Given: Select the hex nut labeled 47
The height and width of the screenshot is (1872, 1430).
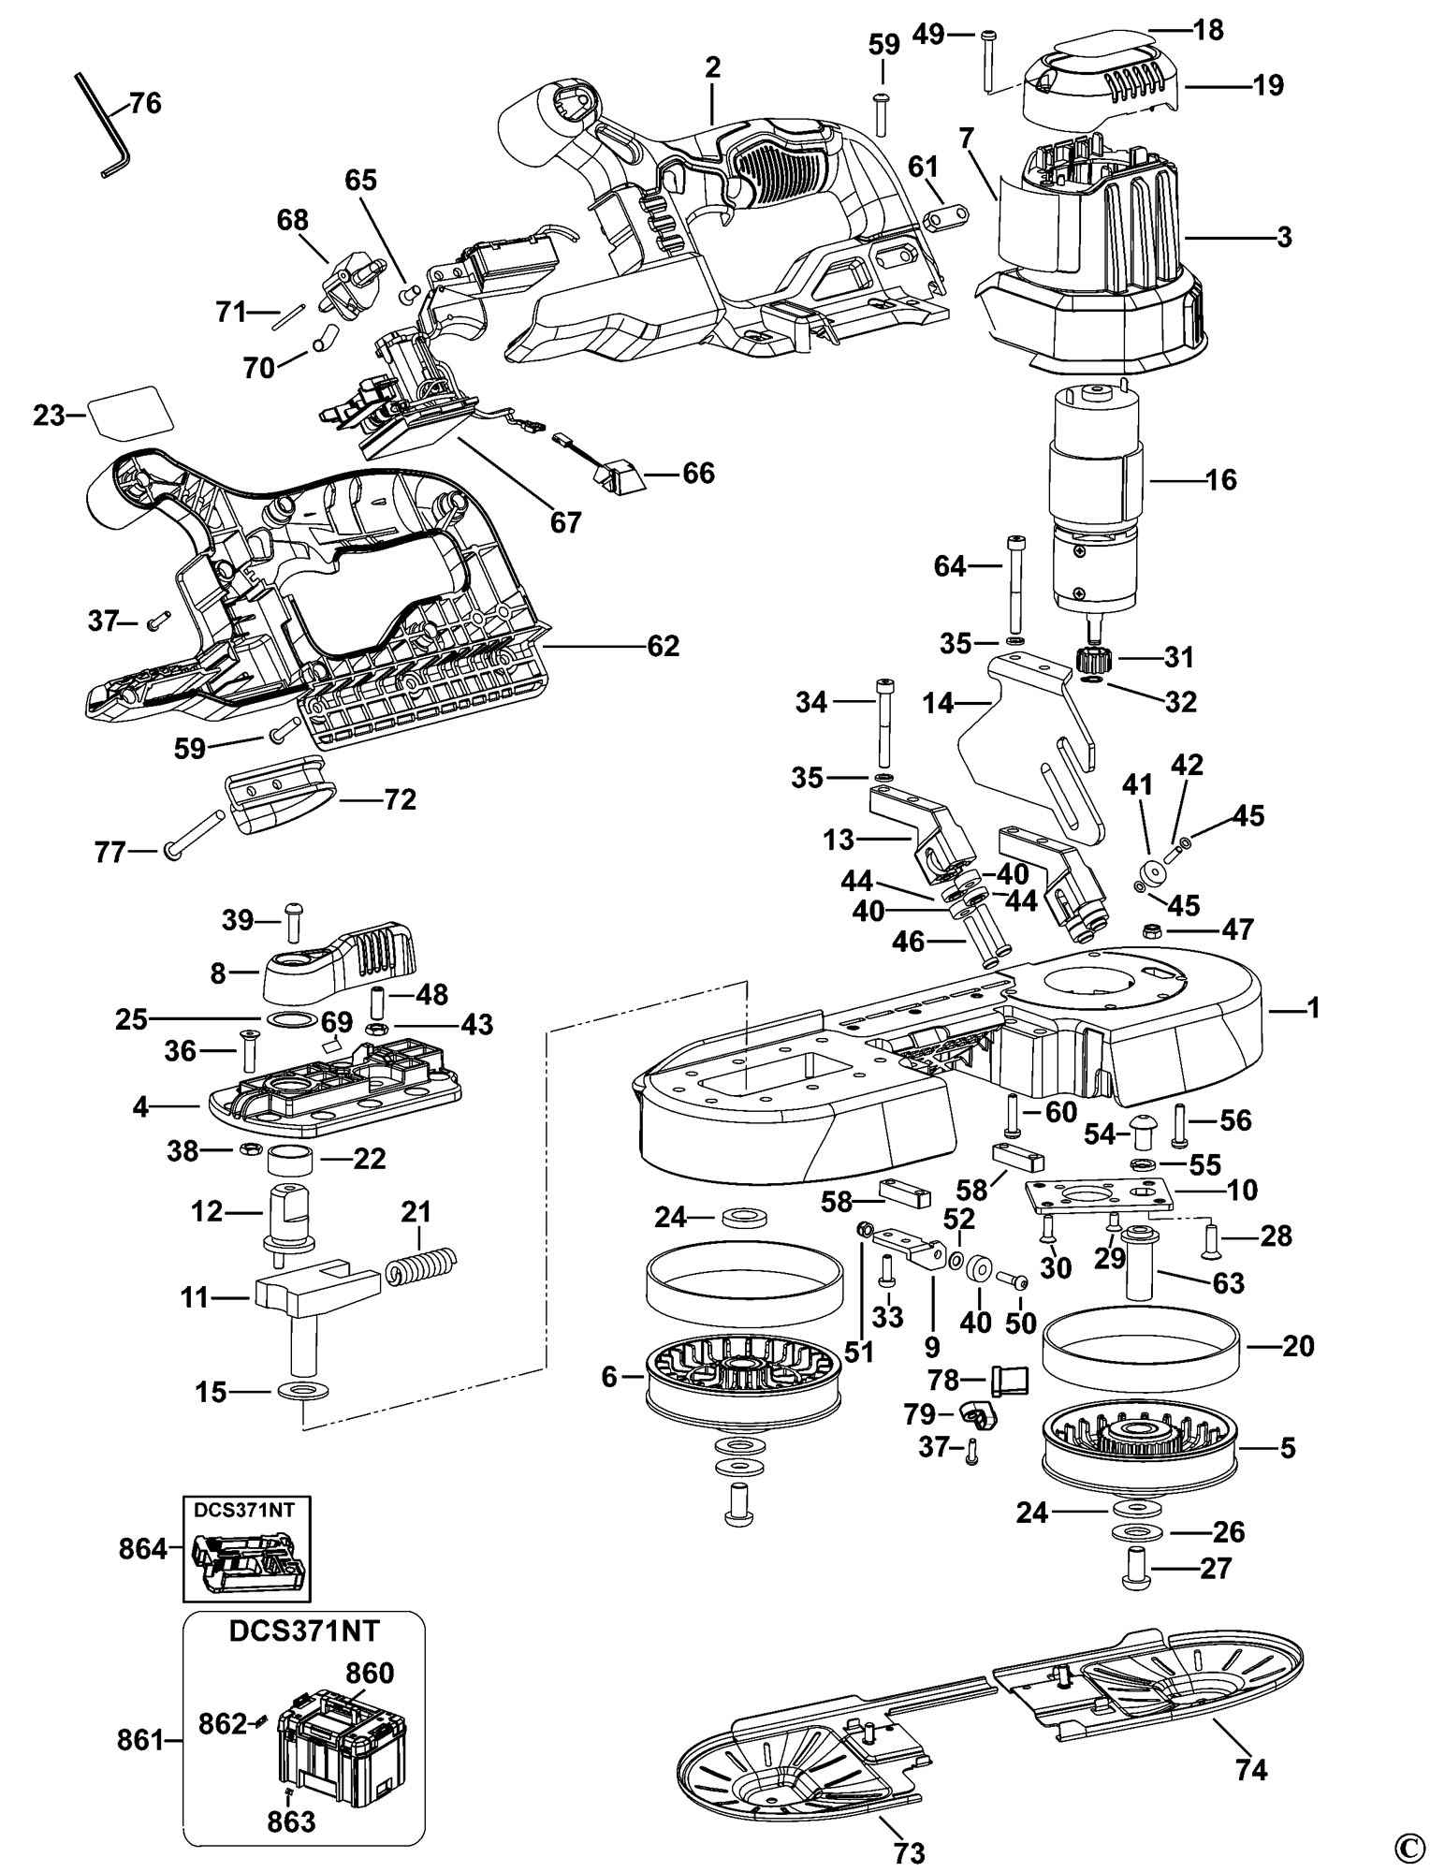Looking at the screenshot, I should coord(1152,930).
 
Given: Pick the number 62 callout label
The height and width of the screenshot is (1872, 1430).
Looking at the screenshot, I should coord(663,646).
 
